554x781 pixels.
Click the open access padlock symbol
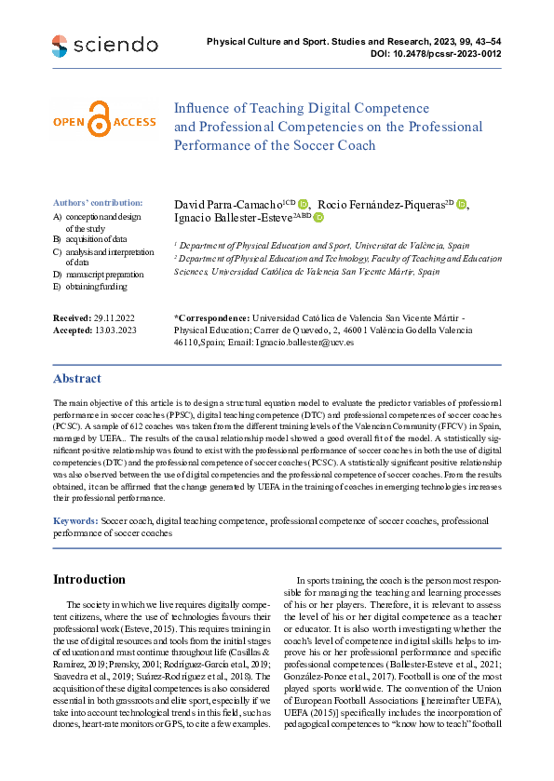98,121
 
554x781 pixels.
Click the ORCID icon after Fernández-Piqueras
462,205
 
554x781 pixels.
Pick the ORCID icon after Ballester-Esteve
318,217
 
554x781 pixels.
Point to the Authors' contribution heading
98,202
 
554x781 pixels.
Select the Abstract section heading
77,379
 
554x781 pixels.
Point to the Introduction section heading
89,580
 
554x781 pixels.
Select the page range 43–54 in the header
488,42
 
